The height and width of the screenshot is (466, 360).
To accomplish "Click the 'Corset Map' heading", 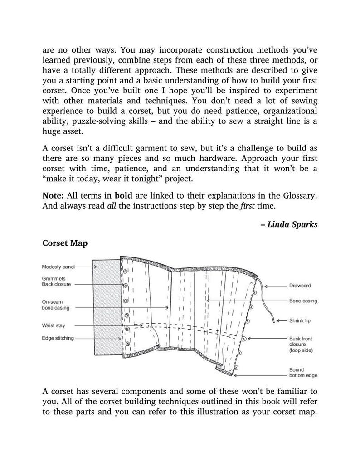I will [65, 243].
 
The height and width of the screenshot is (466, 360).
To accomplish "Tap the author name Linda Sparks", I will [292, 224].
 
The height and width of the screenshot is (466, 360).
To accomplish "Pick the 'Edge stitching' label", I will [58, 338].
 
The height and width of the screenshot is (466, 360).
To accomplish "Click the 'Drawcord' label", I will [300, 286].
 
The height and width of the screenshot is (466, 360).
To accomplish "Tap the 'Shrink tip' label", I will [300, 321].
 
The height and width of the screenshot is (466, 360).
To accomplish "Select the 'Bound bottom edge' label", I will [303, 373].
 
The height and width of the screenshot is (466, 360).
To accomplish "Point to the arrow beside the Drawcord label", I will [274, 286].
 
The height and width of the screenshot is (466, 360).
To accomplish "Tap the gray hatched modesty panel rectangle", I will [107, 308].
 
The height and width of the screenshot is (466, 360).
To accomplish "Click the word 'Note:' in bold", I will [54, 195].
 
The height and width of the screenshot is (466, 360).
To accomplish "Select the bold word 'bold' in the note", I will [124, 195].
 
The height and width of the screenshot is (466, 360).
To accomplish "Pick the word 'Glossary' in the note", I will [297, 195].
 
